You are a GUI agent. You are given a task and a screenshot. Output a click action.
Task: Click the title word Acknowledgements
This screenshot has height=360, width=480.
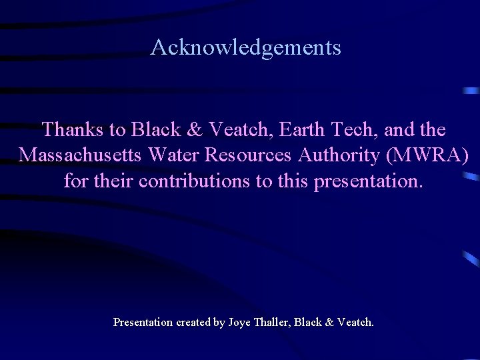click(245, 48)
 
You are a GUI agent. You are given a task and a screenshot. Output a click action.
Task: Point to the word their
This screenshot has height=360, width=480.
click(115, 181)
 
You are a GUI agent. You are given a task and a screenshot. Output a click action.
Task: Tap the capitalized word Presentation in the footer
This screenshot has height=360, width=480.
click(142, 323)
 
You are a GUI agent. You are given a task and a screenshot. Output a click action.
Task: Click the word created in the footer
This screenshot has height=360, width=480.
click(193, 323)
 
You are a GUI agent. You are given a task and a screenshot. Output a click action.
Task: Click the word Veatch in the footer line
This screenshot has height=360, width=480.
click(355, 323)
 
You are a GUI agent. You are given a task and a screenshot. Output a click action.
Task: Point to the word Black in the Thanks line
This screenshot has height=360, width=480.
click(155, 129)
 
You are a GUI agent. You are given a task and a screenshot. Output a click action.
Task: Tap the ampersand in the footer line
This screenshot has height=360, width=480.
click(329, 323)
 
